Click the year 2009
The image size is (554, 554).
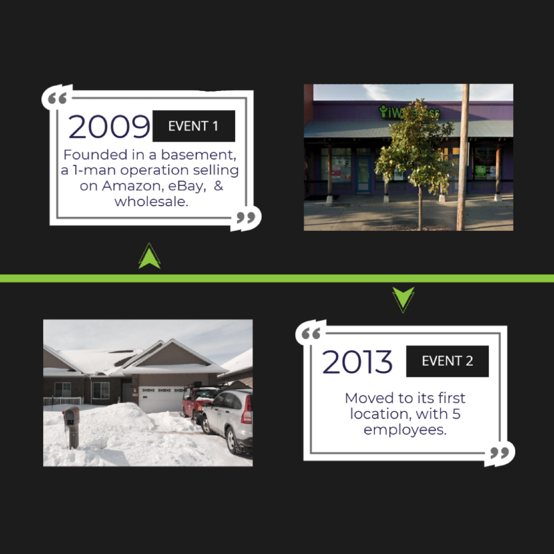[109, 126]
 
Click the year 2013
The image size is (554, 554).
[357, 361]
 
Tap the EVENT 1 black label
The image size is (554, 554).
[194, 126]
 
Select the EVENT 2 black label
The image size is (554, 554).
[448, 361]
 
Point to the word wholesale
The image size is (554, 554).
[151, 201]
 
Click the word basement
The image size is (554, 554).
[199, 155]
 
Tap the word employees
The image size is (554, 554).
[405, 430]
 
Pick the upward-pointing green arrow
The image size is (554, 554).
[150, 257]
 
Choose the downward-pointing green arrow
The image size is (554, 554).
[403, 299]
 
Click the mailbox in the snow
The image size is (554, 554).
[71, 427]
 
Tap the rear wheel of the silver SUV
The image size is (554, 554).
[233, 440]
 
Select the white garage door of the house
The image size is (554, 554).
[161, 399]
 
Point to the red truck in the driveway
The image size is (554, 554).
[197, 402]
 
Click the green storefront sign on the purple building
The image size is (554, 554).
[409, 111]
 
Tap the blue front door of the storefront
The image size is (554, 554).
[363, 174]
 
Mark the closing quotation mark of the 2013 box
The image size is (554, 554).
[500, 452]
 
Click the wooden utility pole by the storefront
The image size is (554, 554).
[462, 157]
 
